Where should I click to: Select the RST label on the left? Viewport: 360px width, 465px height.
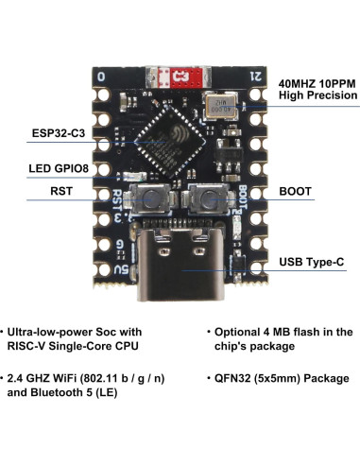point(62,192)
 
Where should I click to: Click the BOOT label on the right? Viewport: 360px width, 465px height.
point(296,192)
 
